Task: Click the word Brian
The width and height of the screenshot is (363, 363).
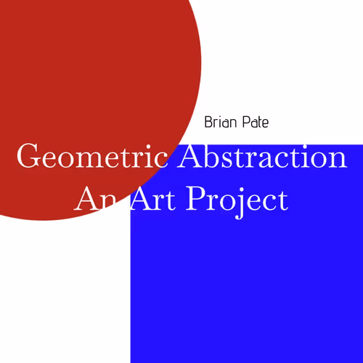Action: click(221, 122)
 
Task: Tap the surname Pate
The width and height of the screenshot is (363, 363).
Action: click(256, 122)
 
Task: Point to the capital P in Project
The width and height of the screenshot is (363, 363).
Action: click(197, 198)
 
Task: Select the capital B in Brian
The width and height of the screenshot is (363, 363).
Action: click(209, 122)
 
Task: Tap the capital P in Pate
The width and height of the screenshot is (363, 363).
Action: click(245, 122)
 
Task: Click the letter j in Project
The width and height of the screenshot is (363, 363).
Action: click(235, 202)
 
